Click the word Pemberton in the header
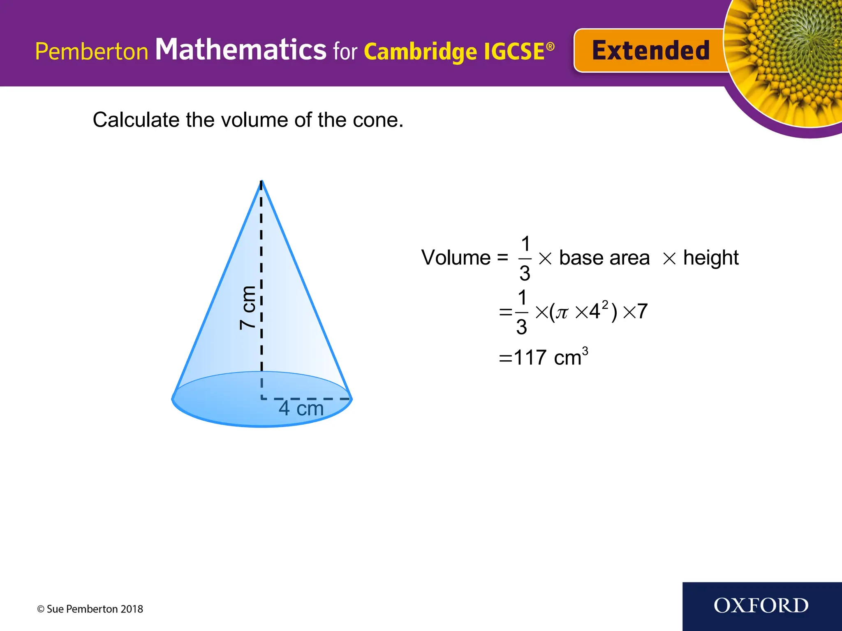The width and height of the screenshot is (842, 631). click(91, 52)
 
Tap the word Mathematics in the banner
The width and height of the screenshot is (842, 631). click(241, 50)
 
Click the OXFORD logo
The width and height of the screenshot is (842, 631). click(761, 606)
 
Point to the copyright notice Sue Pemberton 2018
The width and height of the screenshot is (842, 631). click(90, 609)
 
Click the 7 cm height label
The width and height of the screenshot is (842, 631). click(248, 308)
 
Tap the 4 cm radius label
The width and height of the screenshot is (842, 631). click(301, 409)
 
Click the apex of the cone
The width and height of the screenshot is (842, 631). click(261, 181)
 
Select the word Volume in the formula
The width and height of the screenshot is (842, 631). click(456, 258)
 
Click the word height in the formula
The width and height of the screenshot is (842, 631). click(710, 258)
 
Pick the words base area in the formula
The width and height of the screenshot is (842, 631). click(604, 258)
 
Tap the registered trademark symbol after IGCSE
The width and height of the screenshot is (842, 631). click(550, 46)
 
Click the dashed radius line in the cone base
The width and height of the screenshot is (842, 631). click(306, 398)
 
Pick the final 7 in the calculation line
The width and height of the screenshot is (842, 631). click(642, 311)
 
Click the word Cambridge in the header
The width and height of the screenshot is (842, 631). click(420, 52)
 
